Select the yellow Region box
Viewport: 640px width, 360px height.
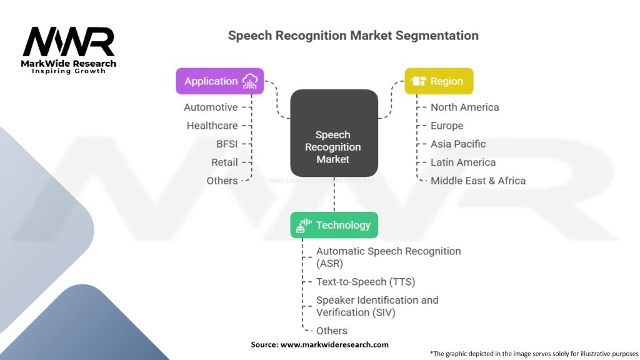[439, 81]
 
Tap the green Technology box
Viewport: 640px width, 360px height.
[334, 225]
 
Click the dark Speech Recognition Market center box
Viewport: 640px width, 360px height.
[334, 133]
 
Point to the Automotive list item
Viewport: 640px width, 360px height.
[211, 107]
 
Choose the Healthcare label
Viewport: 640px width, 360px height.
[212, 126]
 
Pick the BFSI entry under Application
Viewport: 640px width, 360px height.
[227, 144]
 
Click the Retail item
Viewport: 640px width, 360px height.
[224, 162]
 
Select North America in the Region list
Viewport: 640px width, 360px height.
[464, 107]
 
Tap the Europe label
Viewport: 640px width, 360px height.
[447, 126]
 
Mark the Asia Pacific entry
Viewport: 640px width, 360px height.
[458, 144]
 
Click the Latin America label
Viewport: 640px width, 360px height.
[463, 162]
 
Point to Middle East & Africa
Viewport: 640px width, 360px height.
[478, 181]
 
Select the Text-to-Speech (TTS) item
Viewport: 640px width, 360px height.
[366, 282]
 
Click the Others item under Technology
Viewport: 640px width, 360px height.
[331, 331]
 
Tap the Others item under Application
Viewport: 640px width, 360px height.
[222, 181]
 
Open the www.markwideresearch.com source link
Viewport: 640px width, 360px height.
[334, 344]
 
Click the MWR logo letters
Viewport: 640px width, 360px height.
[68, 42]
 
